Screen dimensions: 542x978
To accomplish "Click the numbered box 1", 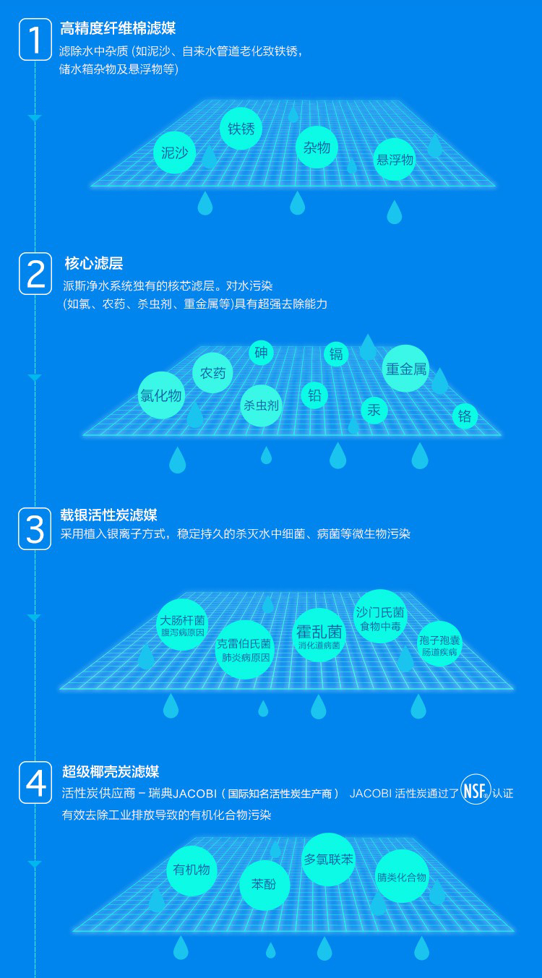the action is [x=35, y=39].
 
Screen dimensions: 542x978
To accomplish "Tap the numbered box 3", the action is [x=35, y=528].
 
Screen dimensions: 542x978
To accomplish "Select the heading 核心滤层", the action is [x=94, y=263].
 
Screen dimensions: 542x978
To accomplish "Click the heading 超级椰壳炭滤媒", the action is [x=111, y=771].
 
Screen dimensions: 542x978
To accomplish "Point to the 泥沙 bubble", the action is [x=174, y=153].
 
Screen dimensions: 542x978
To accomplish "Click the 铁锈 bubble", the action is [x=241, y=129].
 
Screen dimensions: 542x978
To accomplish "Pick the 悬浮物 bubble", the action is [x=395, y=159].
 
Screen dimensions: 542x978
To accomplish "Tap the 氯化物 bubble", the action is [x=161, y=395].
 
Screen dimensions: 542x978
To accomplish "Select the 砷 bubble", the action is [x=261, y=353].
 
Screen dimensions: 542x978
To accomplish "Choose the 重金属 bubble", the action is [x=405, y=369].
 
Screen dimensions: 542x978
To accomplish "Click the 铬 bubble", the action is [x=465, y=416].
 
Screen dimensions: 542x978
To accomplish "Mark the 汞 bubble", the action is [x=374, y=411].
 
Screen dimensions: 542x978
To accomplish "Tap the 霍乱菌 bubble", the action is [x=319, y=634].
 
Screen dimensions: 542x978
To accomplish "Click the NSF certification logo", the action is [x=476, y=790].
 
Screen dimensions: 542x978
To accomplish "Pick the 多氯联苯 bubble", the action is [x=328, y=859].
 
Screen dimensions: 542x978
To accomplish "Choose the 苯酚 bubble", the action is [x=264, y=884].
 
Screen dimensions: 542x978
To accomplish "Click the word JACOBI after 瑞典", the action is [x=192, y=794].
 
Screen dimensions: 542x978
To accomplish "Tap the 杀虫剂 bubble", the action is [x=261, y=406].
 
